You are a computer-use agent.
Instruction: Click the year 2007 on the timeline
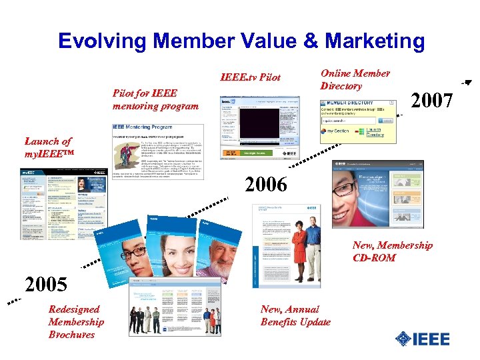point(431,101)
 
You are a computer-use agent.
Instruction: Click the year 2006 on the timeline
point(265,185)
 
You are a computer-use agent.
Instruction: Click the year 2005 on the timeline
point(45,285)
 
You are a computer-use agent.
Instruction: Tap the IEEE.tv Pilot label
point(251,78)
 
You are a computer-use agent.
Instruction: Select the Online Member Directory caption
point(355,80)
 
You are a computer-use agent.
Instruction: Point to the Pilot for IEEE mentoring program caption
point(155,100)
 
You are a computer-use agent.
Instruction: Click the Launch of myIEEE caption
point(49,147)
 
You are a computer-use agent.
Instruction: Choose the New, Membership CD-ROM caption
point(392,251)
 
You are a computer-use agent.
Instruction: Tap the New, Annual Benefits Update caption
point(295,315)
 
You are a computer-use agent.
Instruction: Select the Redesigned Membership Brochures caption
point(75,321)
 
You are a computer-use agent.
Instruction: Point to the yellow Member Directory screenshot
point(359,120)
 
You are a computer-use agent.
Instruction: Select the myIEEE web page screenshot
point(63,204)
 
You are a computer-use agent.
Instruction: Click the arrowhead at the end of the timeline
point(468,83)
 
